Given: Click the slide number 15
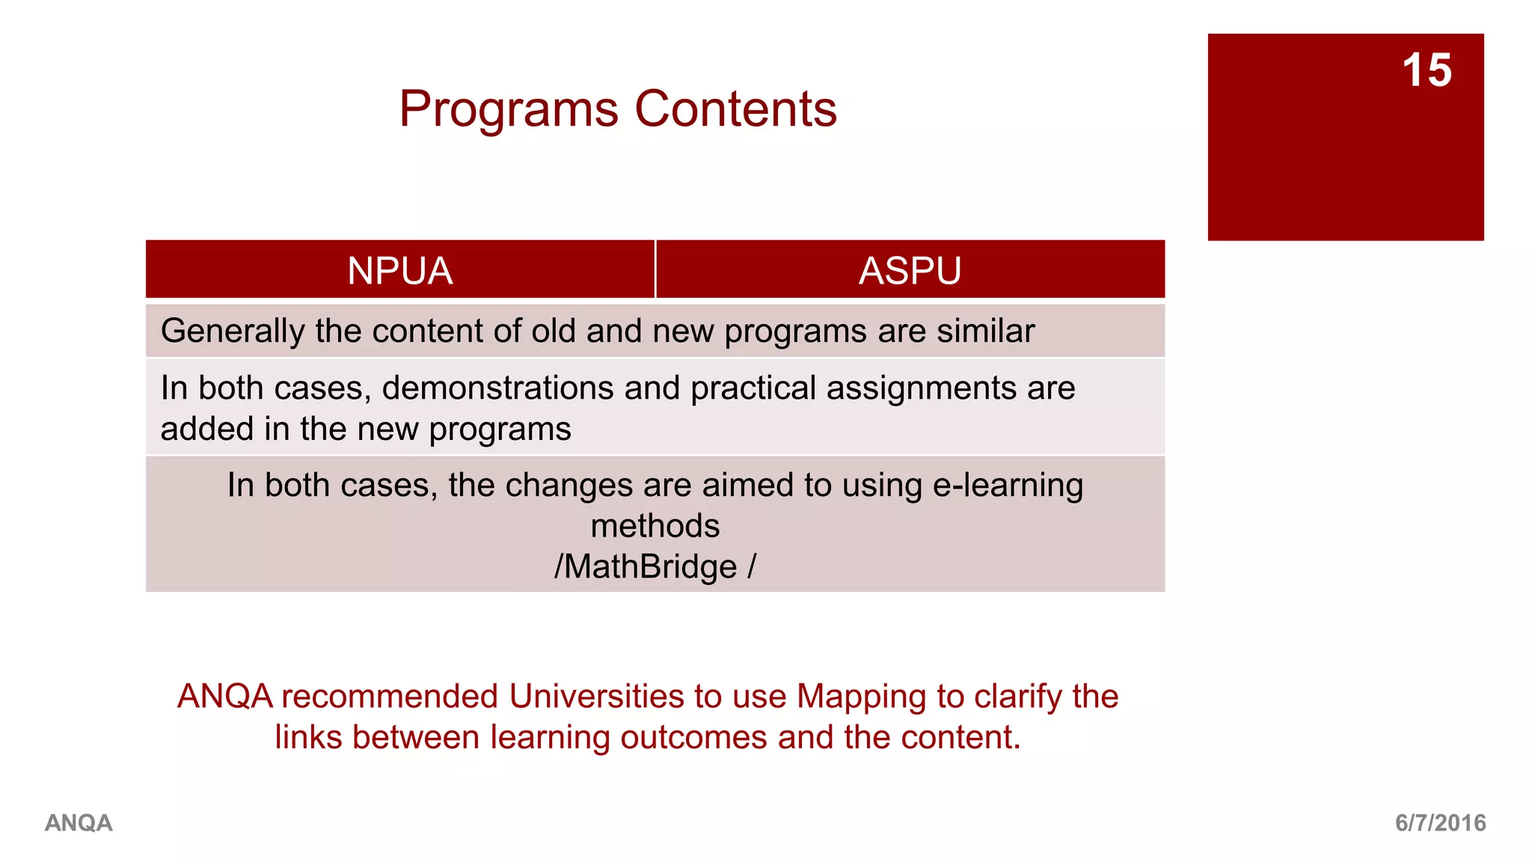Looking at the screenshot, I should tap(1427, 70).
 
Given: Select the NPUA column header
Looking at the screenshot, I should tap(399, 270).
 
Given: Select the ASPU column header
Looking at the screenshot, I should tap(910, 270).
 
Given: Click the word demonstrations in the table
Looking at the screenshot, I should tap(498, 388).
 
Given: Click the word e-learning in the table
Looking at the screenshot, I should tap(1008, 485).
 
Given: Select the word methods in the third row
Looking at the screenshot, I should tap(655, 525).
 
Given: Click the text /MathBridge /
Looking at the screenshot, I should tap(655, 566).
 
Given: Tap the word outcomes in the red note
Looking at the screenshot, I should tap(693, 737).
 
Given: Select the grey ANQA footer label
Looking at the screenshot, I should tap(79, 823).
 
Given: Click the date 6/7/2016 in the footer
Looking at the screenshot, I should tap(1440, 823).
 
